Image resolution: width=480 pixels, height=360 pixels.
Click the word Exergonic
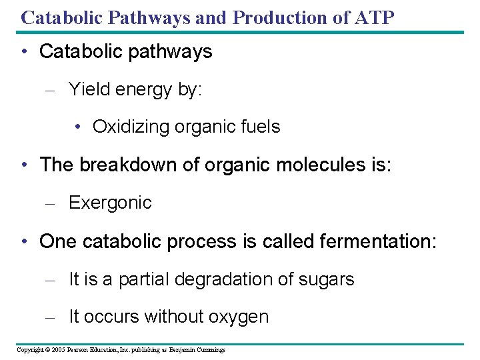(x=110, y=202)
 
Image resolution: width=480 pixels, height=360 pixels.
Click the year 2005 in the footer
(x=57, y=349)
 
